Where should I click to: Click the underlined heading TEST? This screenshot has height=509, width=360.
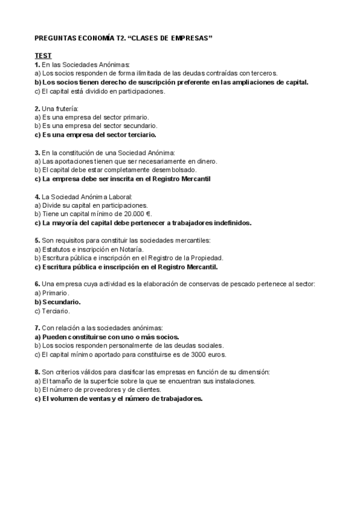[x=43, y=56]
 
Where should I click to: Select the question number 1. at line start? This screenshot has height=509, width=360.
[x=38, y=64]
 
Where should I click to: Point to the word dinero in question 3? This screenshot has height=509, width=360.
[x=205, y=161]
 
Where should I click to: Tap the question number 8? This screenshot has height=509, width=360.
[x=38, y=372]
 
